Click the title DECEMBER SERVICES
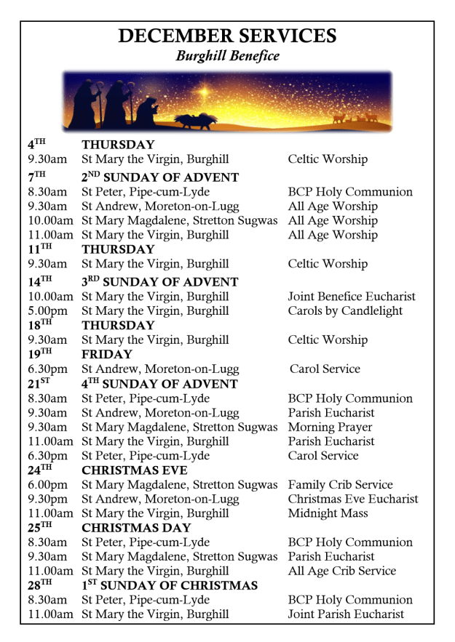(227, 36)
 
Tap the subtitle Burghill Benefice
(227, 56)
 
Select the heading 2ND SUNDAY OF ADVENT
(160, 177)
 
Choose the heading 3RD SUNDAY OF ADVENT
(160, 282)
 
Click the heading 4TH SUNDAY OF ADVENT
(159, 384)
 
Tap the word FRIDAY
(107, 355)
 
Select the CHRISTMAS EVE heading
(135, 470)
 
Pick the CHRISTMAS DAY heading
(136, 528)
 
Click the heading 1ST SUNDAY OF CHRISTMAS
(169, 585)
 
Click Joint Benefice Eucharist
(352, 297)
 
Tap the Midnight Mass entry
(328, 513)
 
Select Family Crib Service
(340, 485)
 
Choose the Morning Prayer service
(330, 428)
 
